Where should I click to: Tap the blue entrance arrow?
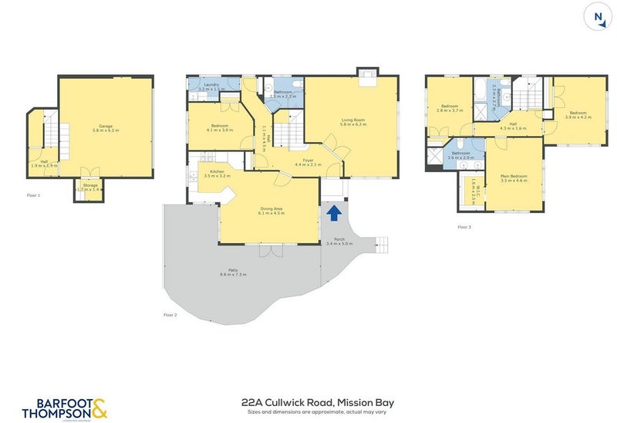pyautogui.click(x=333, y=211)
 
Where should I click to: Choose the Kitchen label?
pyautogui.click(x=217, y=173)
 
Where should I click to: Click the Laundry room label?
pyautogui.click(x=211, y=87)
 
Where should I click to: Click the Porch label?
pyautogui.click(x=339, y=241)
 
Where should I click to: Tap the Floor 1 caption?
pyautogui.click(x=33, y=195)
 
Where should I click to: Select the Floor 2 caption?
pyautogui.click(x=170, y=315)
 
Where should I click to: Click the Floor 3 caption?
pyautogui.click(x=464, y=227)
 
